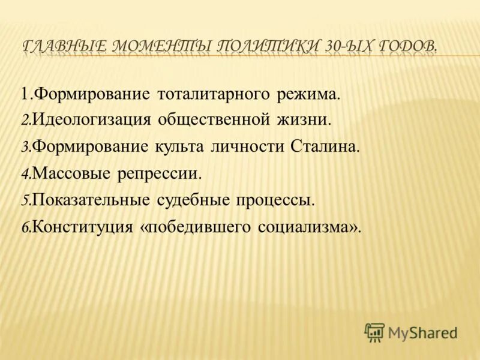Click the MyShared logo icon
pyautogui.click(x=374, y=332)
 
